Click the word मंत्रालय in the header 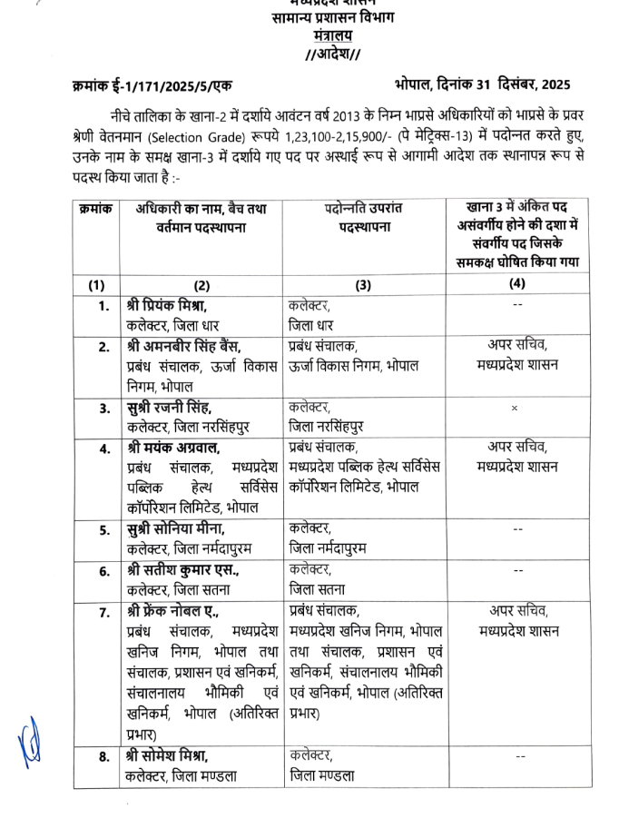click(x=332, y=36)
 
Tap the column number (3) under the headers click(x=363, y=284)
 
